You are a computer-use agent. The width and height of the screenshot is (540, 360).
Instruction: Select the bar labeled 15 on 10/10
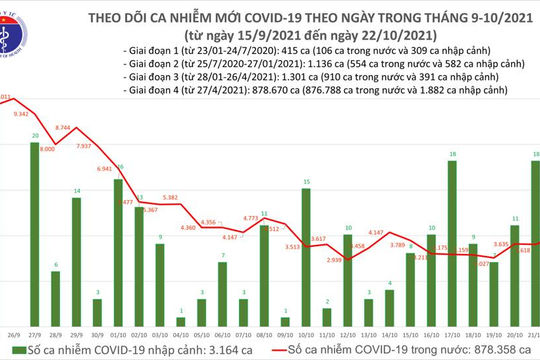point(305,255)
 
